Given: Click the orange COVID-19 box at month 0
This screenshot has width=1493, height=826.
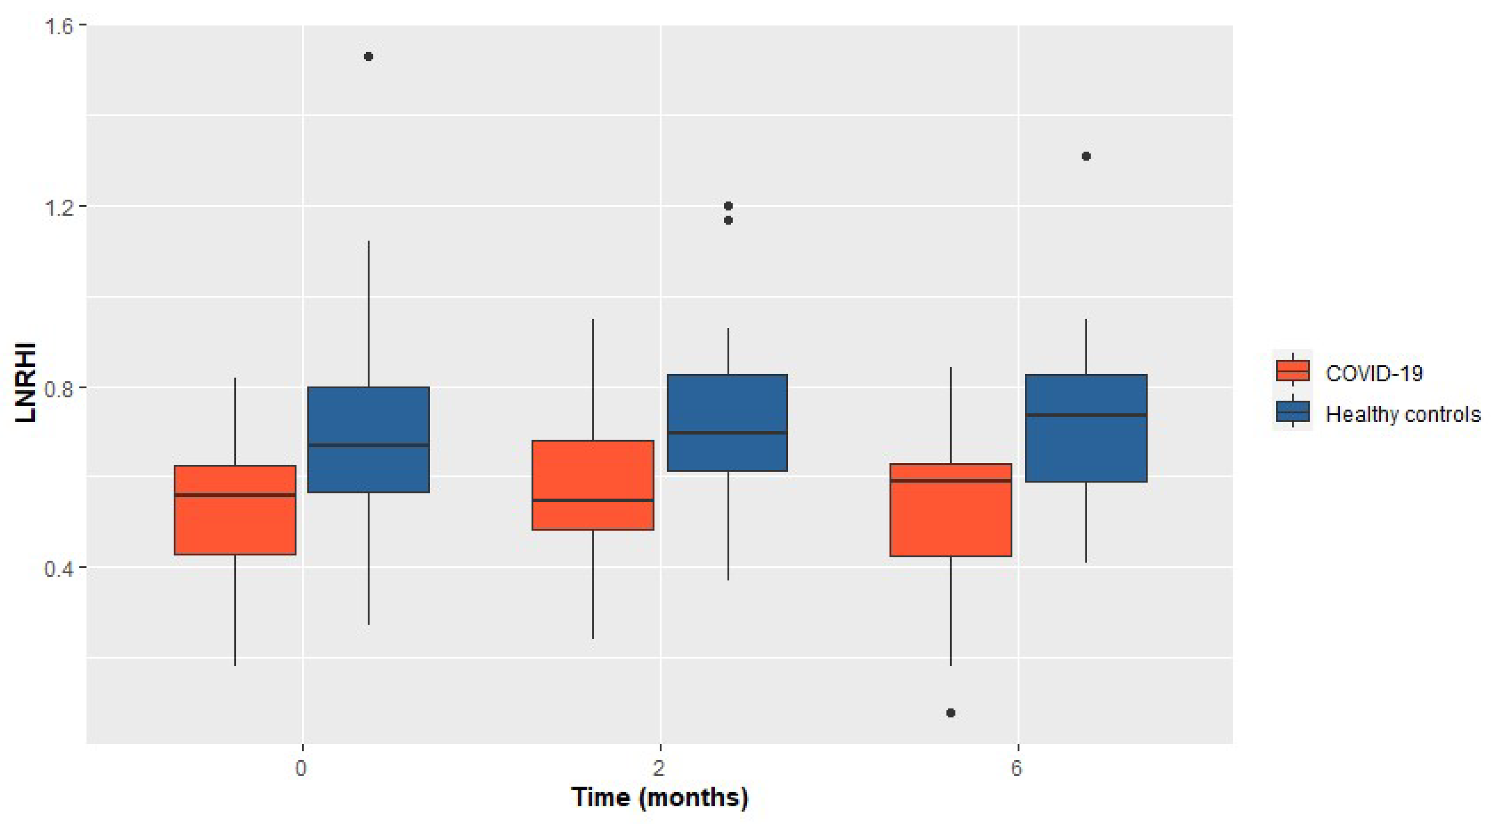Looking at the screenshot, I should (x=235, y=510).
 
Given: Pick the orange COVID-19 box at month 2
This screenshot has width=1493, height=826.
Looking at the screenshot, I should (x=593, y=485).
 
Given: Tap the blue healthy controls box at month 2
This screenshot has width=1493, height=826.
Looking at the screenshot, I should (x=727, y=423).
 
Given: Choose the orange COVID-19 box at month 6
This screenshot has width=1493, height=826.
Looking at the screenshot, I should (x=951, y=510).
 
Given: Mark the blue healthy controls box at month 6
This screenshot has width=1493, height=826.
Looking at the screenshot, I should (x=1086, y=428).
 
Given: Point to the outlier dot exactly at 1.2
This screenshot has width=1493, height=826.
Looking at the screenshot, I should (x=728, y=206).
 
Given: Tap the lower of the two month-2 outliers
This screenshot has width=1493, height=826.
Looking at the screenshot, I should (x=728, y=220).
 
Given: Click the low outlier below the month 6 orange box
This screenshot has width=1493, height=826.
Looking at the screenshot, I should (x=951, y=713).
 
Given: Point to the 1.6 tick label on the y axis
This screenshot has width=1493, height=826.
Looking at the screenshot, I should (x=57, y=26).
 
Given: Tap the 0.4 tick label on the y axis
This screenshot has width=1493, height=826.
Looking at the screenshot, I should (x=57, y=568).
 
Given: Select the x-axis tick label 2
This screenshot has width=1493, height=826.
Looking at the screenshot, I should (x=659, y=768).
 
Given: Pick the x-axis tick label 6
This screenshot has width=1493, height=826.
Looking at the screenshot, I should (x=1017, y=768).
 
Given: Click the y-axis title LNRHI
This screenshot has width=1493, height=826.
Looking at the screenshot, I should (x=26, y=382).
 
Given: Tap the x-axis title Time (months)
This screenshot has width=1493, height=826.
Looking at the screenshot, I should (x=659, y=798).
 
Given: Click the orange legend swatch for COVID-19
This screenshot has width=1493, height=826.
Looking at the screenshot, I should (x=1292, y=371).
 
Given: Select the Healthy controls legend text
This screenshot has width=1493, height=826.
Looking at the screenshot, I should (x=1403, y=415).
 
